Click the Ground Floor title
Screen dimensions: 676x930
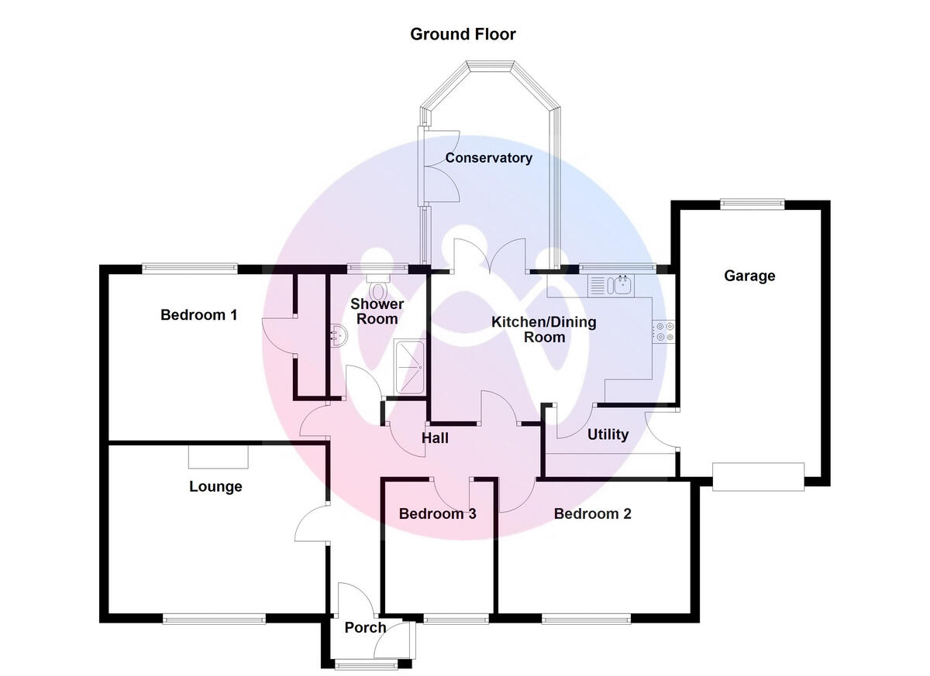tap(463, 34)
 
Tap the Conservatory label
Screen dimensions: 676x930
tap(488, 158)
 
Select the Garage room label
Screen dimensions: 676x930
tap(749, 276)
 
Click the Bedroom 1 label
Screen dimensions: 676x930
tap(199, 315)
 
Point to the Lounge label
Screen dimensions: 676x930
tap(215, 486)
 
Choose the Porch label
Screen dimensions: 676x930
tap(365, 627)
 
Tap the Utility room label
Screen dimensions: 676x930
tap(608, 434)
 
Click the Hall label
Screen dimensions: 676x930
tap(435, 438)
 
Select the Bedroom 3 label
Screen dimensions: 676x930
tap(437, 513)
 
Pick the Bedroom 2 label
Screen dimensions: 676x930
tap(592, 513)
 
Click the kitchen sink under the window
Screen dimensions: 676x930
tap(612, 286)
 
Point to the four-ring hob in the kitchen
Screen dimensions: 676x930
tap(663, 331)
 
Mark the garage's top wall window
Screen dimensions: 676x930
tap(752, 204)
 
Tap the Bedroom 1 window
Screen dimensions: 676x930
tap(189, 269)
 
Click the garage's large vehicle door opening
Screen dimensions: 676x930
tap(759, 476)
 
